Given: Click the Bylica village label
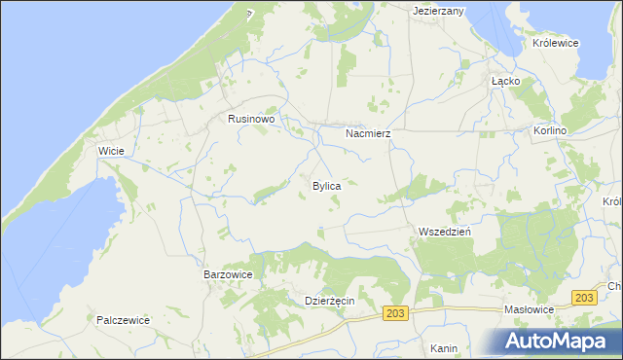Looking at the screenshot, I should click(x=326, y=185).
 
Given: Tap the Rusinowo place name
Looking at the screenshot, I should click(x=252, y=119).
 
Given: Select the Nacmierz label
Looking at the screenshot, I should click(x=368, y=132).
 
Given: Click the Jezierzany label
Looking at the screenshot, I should click(x=438, y=11).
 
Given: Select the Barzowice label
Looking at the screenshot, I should click(x=228, y=275).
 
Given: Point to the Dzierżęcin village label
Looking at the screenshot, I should click(x=329, y=302).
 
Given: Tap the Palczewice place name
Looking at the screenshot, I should click(x=123, y=319).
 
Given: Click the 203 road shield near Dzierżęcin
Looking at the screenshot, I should click(x=394, y=312).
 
